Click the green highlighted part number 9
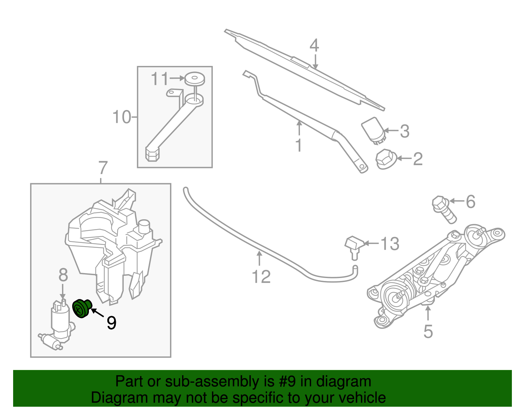pos(81,309)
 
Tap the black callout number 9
pos(112,323)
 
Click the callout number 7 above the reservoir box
pos(103,168)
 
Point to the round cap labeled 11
pos(194,79)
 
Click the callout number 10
pos(122,117)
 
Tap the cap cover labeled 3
pos(373,130)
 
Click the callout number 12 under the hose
pos(261,277)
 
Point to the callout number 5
pos(428,332)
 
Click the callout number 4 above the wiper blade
pos(314,45)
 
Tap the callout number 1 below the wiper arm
pos(299,145)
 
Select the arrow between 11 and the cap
pos(177,78)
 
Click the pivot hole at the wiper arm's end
pos(362,167)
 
